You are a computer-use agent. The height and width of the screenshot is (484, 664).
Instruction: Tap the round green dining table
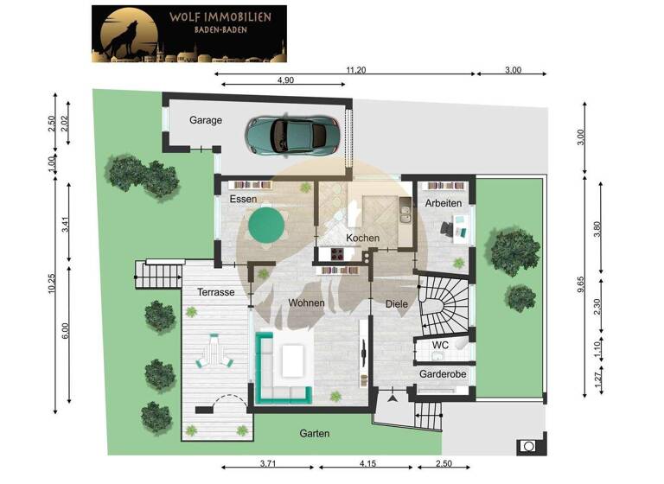(266, 226)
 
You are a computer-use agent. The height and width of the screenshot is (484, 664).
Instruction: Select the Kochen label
(363, 238)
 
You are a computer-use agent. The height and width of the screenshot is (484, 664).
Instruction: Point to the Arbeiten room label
(443, 203)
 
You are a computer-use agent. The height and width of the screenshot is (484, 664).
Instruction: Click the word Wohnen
(307, 302)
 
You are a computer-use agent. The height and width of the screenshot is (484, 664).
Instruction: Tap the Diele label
(396, 302)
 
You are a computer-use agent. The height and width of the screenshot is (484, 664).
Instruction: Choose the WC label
(440, 345)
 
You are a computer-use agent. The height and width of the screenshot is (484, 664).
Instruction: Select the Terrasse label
(216, 292)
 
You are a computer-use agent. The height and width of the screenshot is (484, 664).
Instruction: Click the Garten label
(314, 433)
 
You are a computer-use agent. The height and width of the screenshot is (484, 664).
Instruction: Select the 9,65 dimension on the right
(581, 285)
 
